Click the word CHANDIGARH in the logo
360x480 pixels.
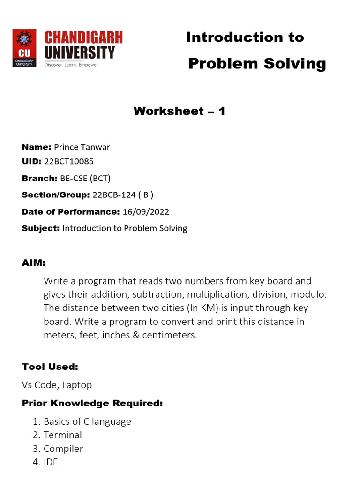click(83, 37)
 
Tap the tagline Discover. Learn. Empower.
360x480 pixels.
click(72, 65)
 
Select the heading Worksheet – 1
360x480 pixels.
click(180, 111)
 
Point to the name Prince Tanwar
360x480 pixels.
click(82, 147)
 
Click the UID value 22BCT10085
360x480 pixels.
click(69, 161)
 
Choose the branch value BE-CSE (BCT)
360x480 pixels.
click(85, 178)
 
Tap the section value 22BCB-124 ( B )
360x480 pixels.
click(123, 195)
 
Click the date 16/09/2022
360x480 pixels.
click(146, 212)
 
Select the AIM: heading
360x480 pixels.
click(34, 263)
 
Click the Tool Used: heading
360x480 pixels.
click(50, 367)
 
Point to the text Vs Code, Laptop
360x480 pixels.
click(57, 385)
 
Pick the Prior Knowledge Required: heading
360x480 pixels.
click(92, 404)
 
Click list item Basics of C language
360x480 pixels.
click(87, 421)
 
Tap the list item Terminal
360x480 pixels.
click(63, 435)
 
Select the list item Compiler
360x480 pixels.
click(63, 449)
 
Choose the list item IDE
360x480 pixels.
click(51, 462)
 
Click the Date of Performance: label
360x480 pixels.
click(71, 212)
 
